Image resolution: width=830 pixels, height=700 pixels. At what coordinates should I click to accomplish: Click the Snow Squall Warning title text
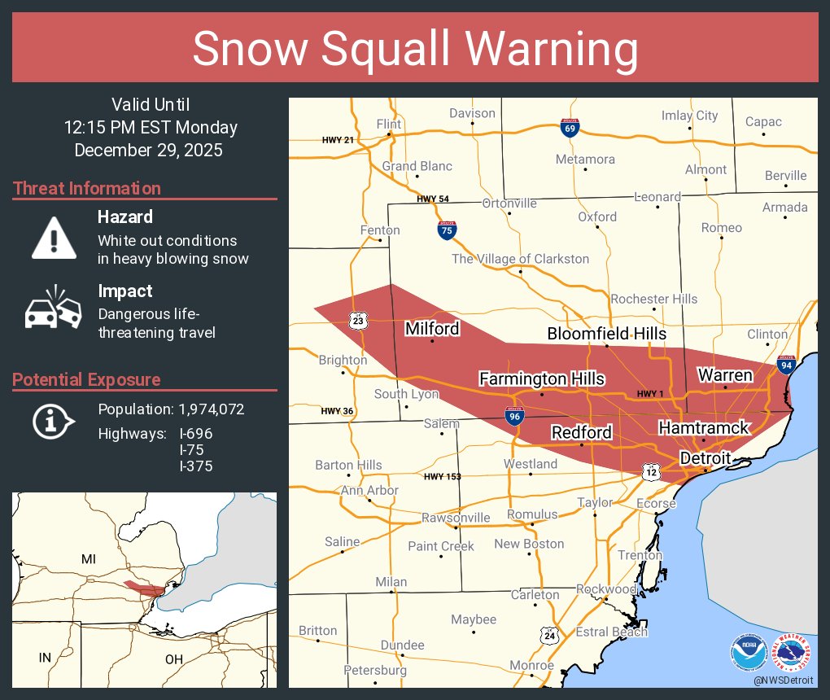point(415,49)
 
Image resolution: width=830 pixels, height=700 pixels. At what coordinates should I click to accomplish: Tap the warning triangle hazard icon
point(54,238)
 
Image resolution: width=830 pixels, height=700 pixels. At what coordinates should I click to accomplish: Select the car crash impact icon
point(54,309)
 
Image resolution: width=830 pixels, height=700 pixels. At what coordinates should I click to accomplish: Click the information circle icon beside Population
point(54,421)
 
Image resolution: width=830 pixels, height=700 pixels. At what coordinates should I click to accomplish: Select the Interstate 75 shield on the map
point(446,230)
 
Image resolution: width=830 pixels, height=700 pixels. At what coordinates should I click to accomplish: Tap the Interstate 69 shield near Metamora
point(570,127)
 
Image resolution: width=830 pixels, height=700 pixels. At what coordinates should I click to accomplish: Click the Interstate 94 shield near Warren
point(786,365)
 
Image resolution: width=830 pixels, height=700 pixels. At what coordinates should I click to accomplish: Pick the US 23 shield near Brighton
point(360,321)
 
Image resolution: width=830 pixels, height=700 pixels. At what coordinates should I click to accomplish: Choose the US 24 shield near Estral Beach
point(550,634)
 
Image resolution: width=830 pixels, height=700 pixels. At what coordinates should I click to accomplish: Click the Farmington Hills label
point(541,379)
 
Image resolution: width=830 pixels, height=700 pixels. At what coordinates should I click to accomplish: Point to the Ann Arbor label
point(369,491)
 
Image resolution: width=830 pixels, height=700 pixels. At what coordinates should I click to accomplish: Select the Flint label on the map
point(389,124)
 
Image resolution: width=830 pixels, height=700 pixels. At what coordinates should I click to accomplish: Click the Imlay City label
point(689,116)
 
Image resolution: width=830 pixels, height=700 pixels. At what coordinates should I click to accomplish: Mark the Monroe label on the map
point(531,666)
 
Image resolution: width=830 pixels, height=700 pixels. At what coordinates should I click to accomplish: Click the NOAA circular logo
point(748,652)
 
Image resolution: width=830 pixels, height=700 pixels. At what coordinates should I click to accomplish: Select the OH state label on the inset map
point(173,658)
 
